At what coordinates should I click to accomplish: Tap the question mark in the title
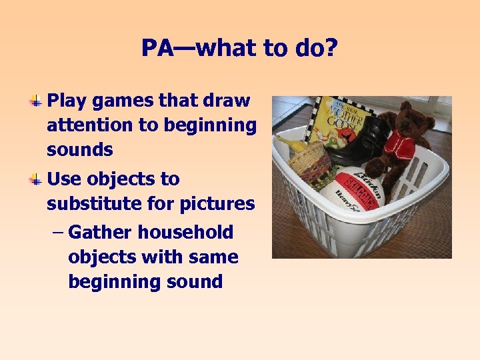(x=331, y=48)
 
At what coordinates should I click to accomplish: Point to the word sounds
(x=79, y=149)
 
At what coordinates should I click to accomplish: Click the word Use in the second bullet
(x=63, y=179)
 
